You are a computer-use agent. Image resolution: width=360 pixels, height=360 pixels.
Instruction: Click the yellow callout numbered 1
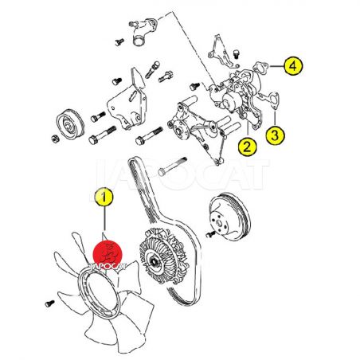click(104, 197)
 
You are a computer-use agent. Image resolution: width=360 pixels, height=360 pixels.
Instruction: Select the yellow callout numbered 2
click(247, 147)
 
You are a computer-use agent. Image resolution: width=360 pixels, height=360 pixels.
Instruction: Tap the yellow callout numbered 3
click(276, 135)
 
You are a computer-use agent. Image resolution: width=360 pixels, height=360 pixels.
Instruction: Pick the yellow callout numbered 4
click(293, 66)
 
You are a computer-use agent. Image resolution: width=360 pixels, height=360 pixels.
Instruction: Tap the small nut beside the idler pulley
click(55, 139)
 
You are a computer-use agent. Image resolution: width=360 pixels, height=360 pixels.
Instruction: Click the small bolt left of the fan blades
click(49, 303)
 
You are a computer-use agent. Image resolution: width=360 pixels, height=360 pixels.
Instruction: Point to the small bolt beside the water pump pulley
click(210, 234)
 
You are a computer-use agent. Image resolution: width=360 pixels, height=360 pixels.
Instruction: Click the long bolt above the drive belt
click(172, 166)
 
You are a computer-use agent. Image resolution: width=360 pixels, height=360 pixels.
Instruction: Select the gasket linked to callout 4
click(260, 67)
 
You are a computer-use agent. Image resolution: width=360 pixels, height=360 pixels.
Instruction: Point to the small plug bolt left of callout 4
click(236, 53)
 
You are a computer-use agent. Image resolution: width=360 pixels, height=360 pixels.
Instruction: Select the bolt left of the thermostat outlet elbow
click(119, 42)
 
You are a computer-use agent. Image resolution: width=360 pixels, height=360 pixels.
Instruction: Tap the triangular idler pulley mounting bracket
click(128, 102)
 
